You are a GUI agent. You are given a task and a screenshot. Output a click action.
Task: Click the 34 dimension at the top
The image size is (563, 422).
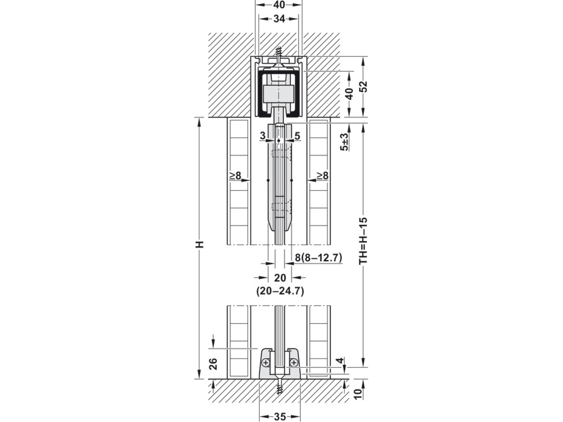pyautogui.click(x=279, y=19)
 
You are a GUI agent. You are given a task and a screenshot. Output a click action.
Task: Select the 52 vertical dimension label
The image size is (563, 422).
pyautogui.click(x=363, y=87)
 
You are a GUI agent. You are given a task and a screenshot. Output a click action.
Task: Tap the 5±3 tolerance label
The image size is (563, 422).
pyautogui.click(x=344, y=142)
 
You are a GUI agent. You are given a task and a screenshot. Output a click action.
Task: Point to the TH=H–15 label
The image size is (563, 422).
pyautogui.click(x=363, y=241)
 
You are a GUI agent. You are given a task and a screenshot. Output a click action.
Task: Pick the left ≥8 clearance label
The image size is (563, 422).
pyautogui.click(x=236, y=176)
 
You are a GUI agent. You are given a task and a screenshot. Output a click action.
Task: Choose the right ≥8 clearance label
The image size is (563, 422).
pyautogui.click(x=322, y=176)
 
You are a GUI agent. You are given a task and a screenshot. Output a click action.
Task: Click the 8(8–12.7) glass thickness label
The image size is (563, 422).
pyautogui.click(x=318, y=258)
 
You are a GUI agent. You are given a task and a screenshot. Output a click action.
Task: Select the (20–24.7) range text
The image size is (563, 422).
pyautogui.click(x=280, y=291)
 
